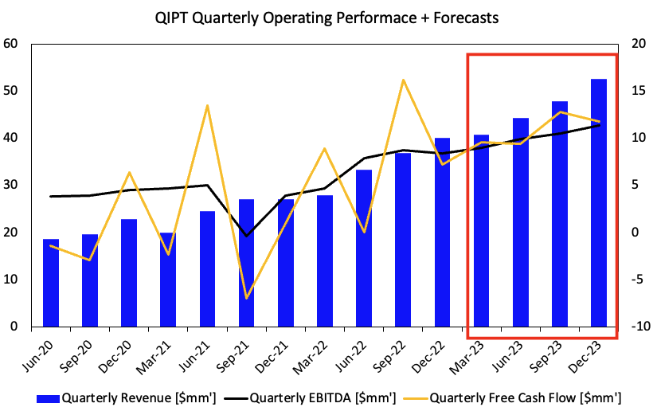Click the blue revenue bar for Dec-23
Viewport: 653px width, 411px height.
(598, 203)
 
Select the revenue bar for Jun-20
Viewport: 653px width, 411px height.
(51, 283)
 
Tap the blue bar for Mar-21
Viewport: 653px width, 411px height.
(167, 280)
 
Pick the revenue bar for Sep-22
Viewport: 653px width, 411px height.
(403, 240)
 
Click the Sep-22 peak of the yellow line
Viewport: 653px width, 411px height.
(403, 80)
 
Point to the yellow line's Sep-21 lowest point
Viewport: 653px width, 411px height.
(246, 298)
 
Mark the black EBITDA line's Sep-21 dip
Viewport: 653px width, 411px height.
(246, 236)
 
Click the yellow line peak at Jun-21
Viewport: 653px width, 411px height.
(207, 106)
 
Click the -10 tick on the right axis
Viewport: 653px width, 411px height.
(634, 327)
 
